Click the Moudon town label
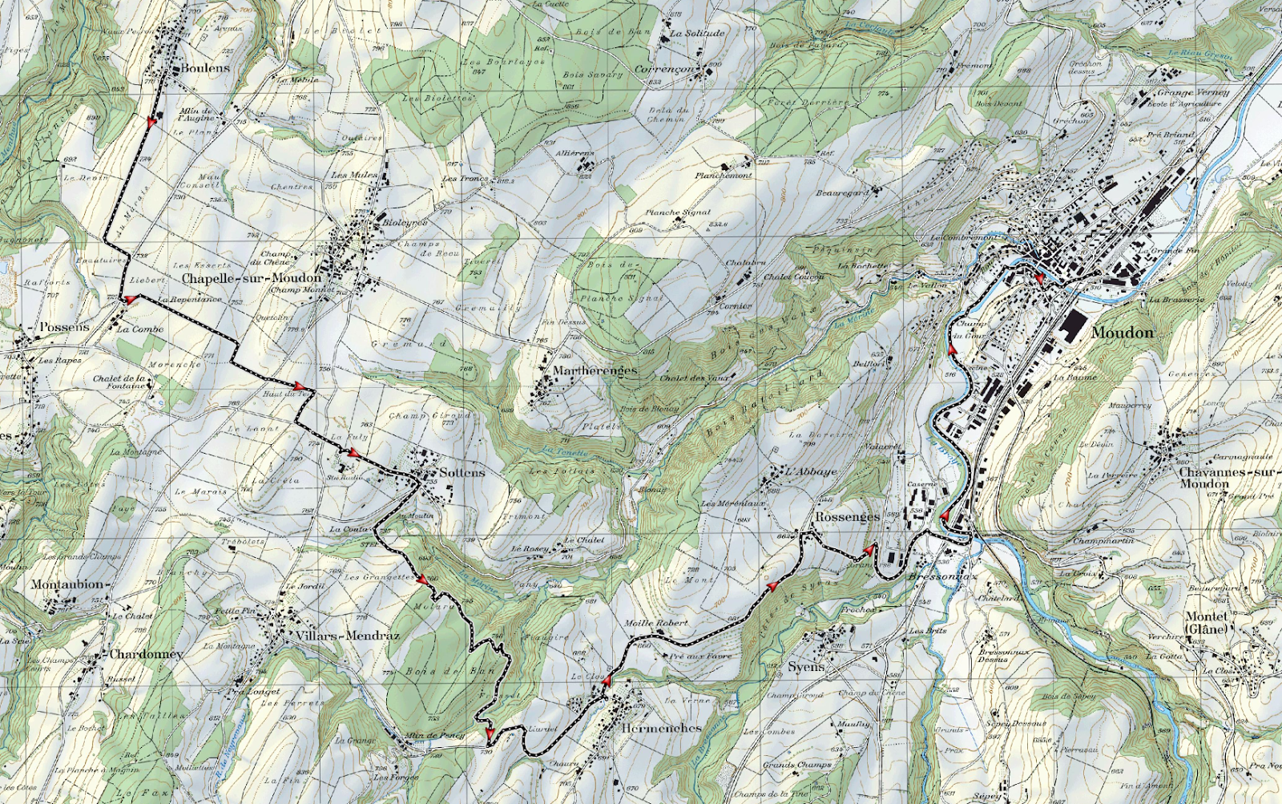point(1123,333)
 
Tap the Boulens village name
point(205,69)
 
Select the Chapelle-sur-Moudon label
point(251,278)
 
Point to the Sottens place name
point(462,472)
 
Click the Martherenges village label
point(595,370)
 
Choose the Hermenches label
point(661,729)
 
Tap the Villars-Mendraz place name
point(347,636)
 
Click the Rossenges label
point(847,517)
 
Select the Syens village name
point(805,667)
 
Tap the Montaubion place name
point(69,584)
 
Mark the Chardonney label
point(147,654)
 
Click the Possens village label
point(65,328)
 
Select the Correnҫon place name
point(665,70)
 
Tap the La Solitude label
point(697,34)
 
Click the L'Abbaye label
point(811,472)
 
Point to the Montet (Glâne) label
point(1207,622)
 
